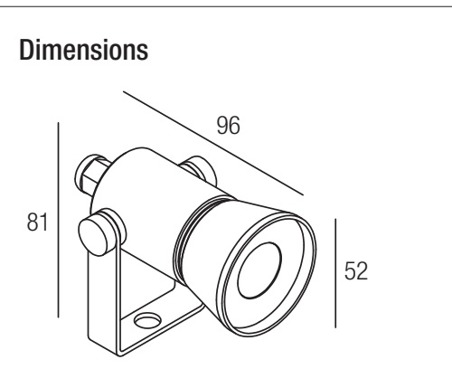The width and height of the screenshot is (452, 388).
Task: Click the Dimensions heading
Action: click(84, 50)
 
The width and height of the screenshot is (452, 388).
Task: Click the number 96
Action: click(229, 125)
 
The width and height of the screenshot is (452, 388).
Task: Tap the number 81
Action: click(37, 222)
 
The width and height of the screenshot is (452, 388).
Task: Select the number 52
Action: click(356, 270)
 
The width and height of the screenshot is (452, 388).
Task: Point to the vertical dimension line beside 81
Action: click(58, 220)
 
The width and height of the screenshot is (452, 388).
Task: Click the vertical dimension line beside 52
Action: click(335, 273)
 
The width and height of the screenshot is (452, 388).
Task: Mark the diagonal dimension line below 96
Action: click(213, 143)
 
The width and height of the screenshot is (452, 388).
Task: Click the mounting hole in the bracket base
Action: click(147, 320)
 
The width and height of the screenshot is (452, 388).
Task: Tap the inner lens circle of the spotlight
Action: click(259, 270)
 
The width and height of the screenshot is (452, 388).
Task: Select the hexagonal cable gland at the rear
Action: click(90, 175)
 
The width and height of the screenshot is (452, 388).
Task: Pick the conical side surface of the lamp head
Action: click(211, 241)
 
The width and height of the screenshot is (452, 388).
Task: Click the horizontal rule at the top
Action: click(226, 6)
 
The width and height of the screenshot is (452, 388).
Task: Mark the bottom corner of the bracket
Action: click(120, 355)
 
